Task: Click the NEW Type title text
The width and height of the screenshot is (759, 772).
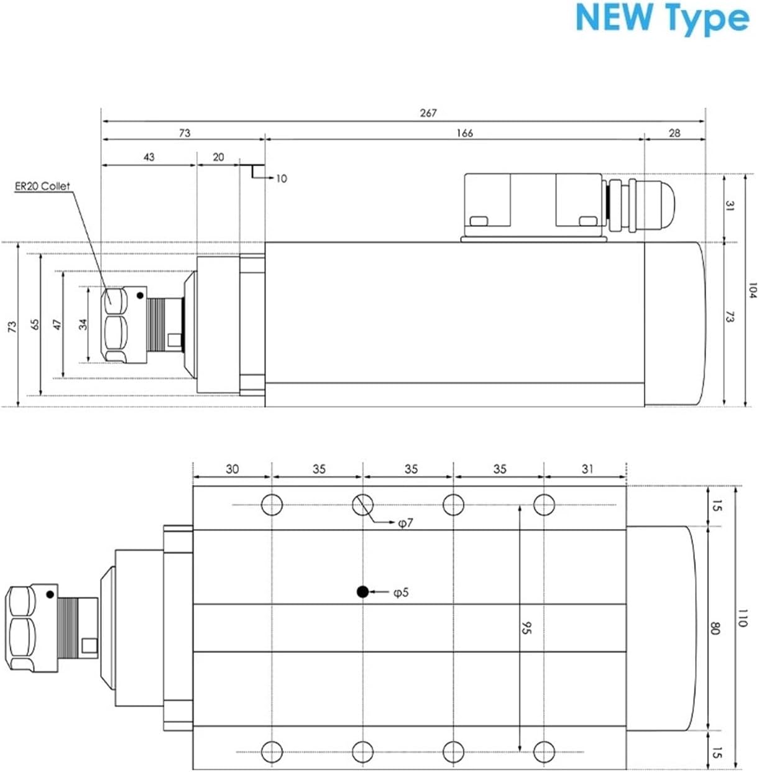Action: (x=662, y=18)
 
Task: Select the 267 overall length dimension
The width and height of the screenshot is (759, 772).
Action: (x=428, y=113)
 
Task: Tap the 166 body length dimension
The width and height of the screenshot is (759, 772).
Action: (x=464, y=133)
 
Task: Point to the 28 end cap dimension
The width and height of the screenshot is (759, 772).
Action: (x=674, y=133)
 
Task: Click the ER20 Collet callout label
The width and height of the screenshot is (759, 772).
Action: (x=43, y=186)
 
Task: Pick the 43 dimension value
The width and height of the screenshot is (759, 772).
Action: (x=149, y=157)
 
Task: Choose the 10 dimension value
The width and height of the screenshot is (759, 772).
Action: (x=281, y=179)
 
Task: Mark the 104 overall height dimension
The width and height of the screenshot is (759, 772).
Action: (x=752, y=290)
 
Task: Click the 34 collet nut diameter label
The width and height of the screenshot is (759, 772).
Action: (x=83, y=323)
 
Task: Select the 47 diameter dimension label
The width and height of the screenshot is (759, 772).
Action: (x=58, y=324)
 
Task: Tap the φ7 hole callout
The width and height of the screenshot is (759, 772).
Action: (x=405, y=524)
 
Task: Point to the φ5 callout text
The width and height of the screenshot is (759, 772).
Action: (x=401, y=593)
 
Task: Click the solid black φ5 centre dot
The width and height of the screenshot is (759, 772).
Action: (x=362, y=592)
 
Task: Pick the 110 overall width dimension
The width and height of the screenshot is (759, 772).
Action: (x=742, y=618)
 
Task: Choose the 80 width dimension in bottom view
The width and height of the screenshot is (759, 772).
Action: (x=715, y=628)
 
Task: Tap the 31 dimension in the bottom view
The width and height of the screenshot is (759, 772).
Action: (x=587, y=469)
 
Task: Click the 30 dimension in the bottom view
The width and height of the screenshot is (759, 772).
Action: (x=232, y=469)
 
